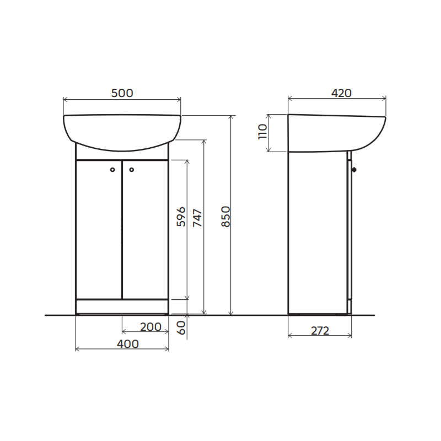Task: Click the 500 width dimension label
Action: [122, 93]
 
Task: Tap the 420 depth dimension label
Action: [341, 93]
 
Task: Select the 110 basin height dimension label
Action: [262, 131]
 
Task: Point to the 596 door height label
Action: [181, 217]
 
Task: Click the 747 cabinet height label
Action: [197, 218]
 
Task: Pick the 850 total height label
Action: [225, 217]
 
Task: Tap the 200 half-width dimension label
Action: [150, 327]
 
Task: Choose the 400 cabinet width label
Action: [128, 344]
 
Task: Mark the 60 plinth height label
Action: [181, 328]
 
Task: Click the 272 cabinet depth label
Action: [320, 331]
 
